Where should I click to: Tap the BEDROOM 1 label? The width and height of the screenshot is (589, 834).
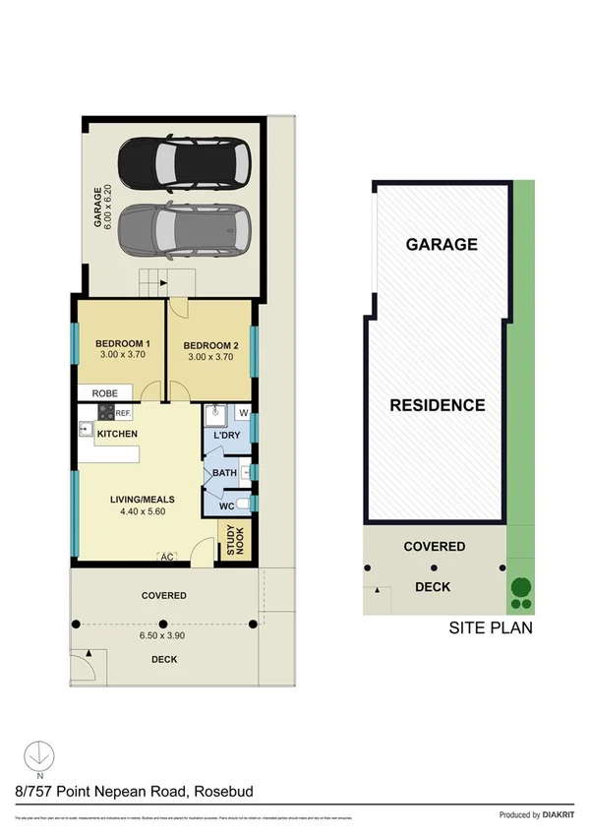[x=122, y=343]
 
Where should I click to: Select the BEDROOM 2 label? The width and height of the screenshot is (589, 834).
[x=210, y=345]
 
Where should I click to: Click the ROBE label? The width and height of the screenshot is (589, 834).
[x=105, y=392]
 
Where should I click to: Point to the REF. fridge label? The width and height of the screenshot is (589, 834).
[x=124, y=414]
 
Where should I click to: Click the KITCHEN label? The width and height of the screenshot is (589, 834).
[x=117, y=434]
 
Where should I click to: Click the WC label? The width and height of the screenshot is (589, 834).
[x=226, y=506]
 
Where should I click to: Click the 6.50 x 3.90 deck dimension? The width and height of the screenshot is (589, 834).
[x=163, y=635]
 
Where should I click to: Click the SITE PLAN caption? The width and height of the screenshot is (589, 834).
[x=491, y=626]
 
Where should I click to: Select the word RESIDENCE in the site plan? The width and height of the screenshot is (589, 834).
[x=438, y=405]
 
